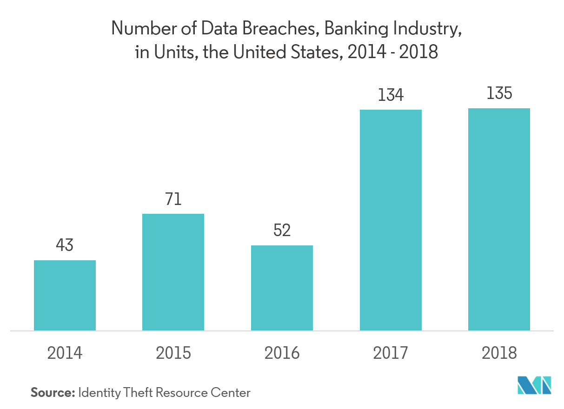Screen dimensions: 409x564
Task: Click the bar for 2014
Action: tap(65, 295)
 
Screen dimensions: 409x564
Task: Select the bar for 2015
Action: tap(173, 272)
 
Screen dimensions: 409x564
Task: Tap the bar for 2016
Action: tap(282, 288)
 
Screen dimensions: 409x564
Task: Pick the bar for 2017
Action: tap(391, 220)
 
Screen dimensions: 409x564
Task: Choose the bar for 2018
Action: tap(499, 219)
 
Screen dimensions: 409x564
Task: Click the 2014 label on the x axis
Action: tap(65, 353)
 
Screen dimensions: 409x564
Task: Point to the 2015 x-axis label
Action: tap(173, 353)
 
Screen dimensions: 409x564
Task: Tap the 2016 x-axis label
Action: tap(282, 353)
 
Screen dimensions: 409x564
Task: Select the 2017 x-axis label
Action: tap(391, 353)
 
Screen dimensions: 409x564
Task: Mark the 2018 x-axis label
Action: tap(499, 353)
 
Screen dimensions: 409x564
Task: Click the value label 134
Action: tap(391, 95)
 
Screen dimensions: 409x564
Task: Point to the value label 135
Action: tap(499, 94)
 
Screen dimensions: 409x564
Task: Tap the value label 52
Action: tap(282, 230)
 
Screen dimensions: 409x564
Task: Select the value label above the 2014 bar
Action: tap(65, 245)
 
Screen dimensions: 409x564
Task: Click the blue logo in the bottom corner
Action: tap(534, 385)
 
